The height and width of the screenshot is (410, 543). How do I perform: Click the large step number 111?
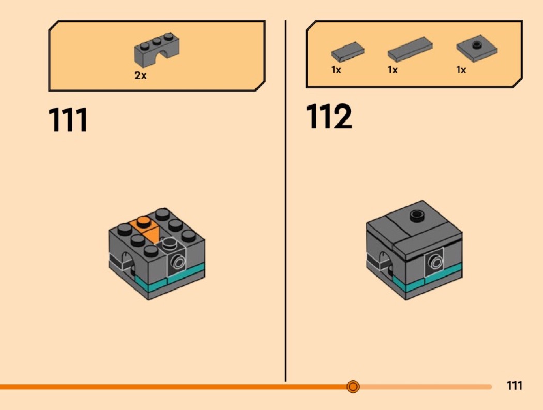(68, 119)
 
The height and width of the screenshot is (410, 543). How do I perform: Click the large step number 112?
(328, 116)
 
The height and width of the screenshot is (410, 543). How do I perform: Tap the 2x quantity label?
(141, 75)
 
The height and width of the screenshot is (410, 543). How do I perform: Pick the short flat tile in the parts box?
(348, 52)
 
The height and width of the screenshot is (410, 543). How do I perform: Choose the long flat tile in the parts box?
(410, 49)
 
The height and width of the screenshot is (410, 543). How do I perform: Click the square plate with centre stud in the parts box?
(477, 48)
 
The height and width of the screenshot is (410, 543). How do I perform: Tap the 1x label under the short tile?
(336, 70)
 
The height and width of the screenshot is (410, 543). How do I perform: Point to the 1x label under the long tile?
(393, 70)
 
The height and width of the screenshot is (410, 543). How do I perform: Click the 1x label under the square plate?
(461, 70)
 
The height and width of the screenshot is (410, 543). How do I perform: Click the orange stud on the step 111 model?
(143, 222)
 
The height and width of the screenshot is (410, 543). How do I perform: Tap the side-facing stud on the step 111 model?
(179, 262)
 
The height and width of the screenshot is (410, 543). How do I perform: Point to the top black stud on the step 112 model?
(417, 216)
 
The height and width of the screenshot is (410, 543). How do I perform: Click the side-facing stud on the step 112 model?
(435, 261)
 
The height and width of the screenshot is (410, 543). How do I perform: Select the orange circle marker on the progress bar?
(353, 386)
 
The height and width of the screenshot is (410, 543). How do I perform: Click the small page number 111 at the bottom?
(514, 385)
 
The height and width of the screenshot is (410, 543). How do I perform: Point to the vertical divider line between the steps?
(285, 201)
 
